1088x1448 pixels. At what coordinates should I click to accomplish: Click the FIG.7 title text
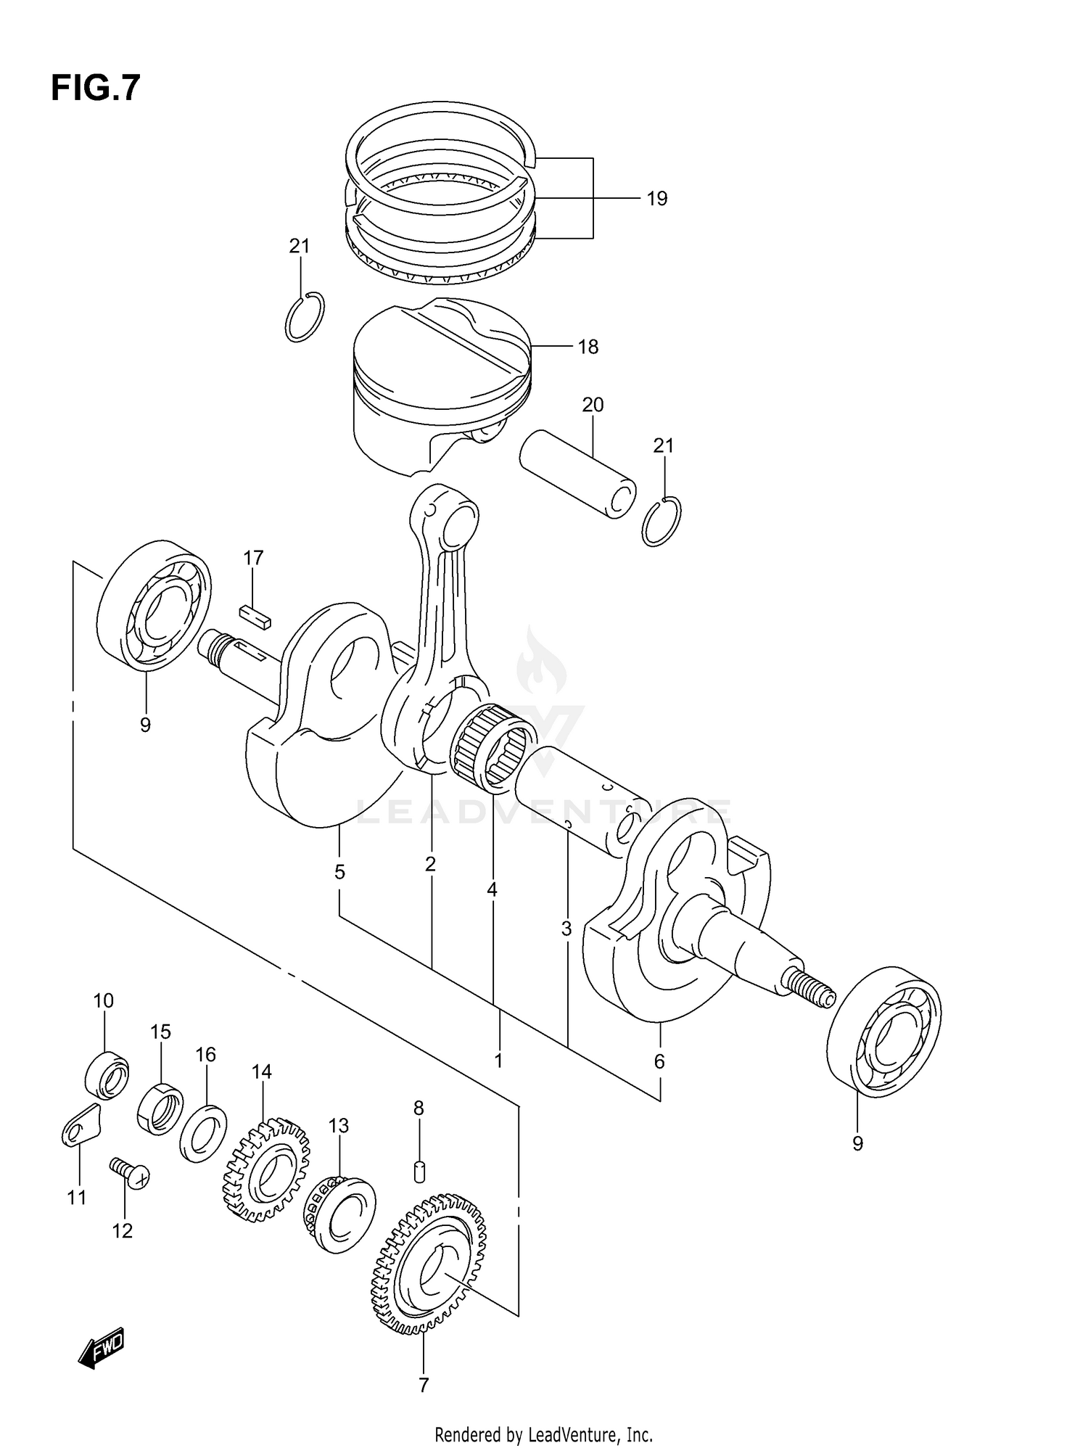95,89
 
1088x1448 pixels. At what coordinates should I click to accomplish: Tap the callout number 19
656,198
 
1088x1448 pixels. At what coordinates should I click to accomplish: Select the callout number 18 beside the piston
588,347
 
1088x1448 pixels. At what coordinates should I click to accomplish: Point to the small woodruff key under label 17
255,616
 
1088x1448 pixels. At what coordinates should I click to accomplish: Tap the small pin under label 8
419,1172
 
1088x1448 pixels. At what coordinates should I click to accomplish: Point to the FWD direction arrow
102,1348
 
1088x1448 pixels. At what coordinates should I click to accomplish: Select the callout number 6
659,1061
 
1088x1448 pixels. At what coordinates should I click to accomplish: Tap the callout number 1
498,1061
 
